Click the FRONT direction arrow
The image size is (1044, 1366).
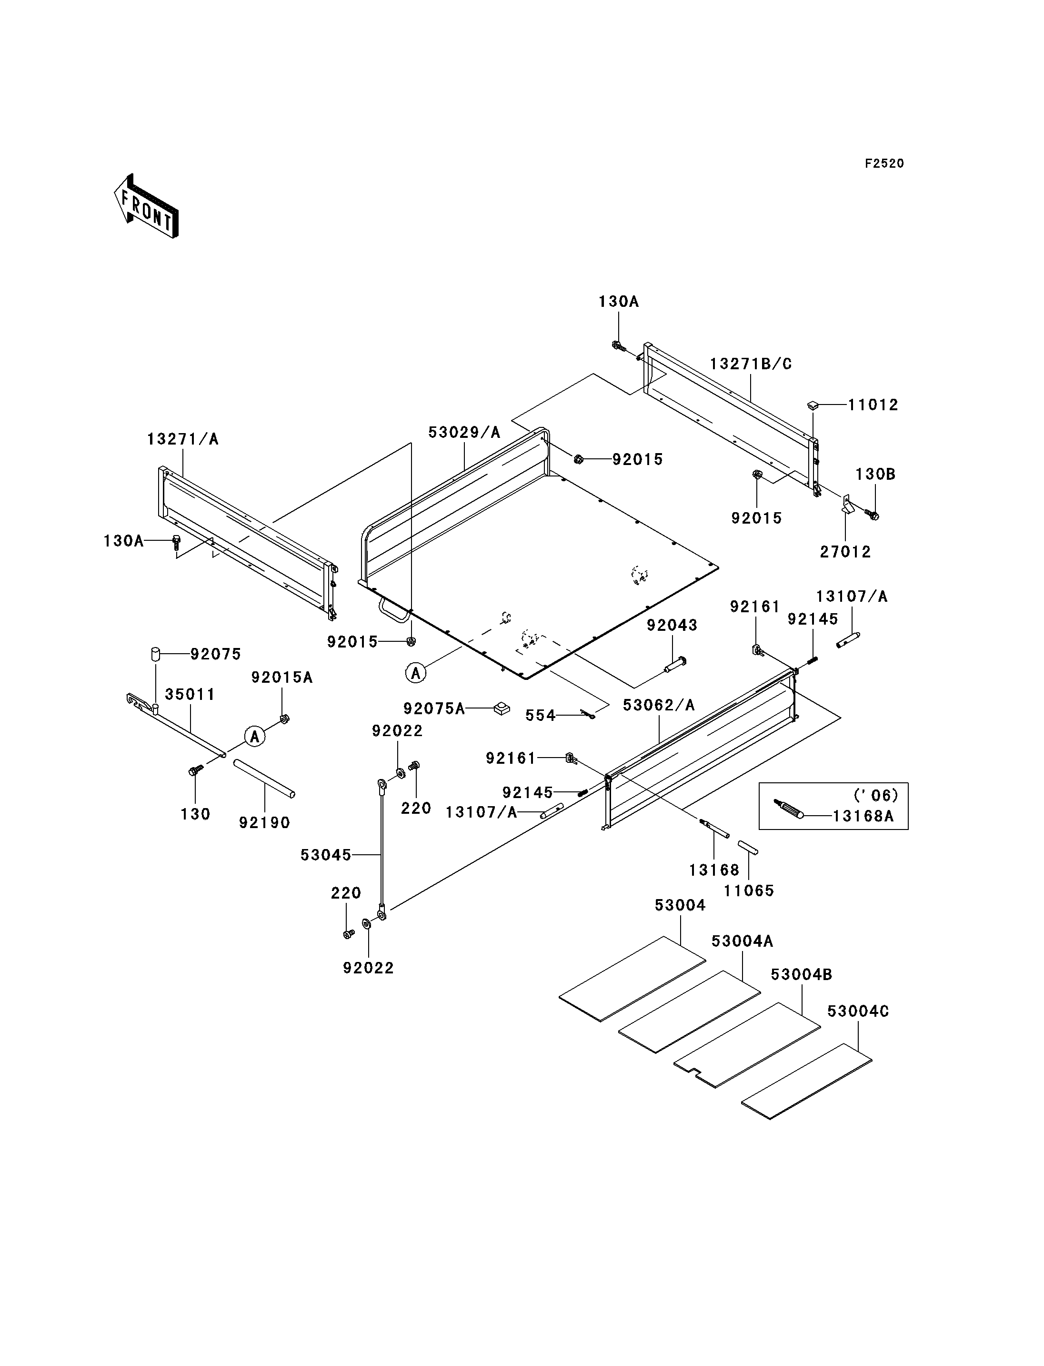click(x=147, y=206)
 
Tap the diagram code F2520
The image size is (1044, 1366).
click(x=884, y=163)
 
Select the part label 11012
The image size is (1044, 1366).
click(x=873, y=405)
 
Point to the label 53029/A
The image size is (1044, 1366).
click(x=464, y=432)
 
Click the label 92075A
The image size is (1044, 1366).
click(x=434, y=709)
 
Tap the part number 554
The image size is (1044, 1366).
click(x=541, y=716)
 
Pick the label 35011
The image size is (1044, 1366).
click(x=190, y=695)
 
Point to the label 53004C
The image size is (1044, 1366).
click(x=858, y=1012)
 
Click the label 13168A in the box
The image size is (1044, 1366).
click(x=863, y=816)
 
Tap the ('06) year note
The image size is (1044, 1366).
click(x=875, y=795)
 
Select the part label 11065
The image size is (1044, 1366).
click(x=749, y=890)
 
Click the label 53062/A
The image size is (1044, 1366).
click(x=659, y=705)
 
